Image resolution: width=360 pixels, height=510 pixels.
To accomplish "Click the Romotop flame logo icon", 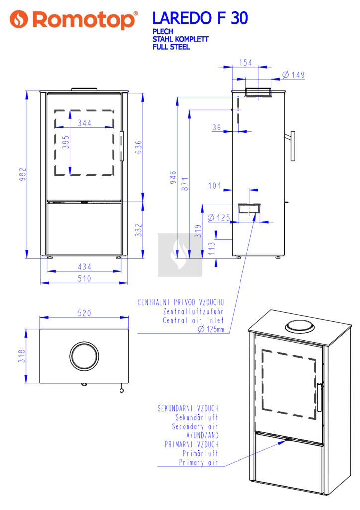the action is [x=19, y=19].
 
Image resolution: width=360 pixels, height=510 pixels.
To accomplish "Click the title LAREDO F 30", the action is [x=200, y=18].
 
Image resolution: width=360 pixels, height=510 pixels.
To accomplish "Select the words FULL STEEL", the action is [x=171, y=47].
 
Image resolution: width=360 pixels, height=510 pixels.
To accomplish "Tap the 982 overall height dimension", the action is [x=22, y=174].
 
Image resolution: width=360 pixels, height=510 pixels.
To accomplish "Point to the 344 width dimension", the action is [x=84, y=123].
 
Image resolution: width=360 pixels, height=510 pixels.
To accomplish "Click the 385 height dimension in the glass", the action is [x=66, y=142].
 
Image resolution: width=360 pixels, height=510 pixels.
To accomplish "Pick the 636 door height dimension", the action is [x=138, y=147].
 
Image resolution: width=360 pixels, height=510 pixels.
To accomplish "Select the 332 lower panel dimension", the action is [x=139, y=230].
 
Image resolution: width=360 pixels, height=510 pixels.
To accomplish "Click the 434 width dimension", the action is [x=84, y=267].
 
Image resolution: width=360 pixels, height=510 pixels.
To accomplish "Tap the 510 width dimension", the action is [x=84, y=279].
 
